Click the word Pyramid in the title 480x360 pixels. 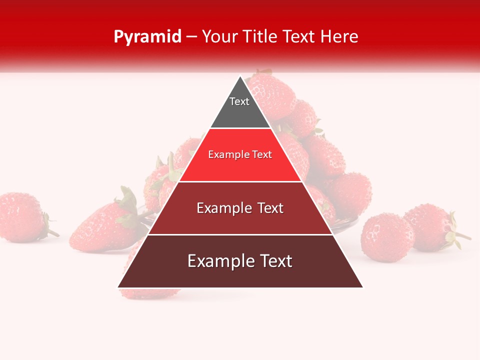point(147,37)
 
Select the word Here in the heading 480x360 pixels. point(339,36)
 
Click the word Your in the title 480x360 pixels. point(219,36)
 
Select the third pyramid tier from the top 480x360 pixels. point(240,220)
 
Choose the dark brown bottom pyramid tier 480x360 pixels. point(240,275)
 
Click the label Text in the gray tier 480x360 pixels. point(239,101)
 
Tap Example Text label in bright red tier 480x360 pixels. point(240,154)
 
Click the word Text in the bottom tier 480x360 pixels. point(275,261)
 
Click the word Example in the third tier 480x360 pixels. point(221,208)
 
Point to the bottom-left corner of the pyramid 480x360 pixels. point(118,287)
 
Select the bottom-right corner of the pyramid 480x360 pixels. point(362,287)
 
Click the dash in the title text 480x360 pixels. point(191,37)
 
